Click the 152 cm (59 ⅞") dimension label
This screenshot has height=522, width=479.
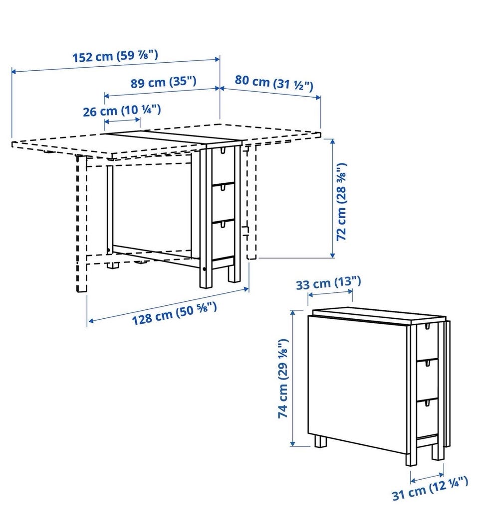(x=115, y=56)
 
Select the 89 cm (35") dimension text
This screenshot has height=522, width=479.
(x=163, y=82)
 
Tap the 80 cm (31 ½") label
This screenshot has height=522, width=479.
(x=274, y=83)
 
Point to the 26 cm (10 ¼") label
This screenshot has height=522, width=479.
(x=122, y=110)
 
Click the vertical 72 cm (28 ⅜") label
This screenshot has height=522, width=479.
(x=342, y=202)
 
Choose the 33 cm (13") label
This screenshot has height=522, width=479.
(x=328, y=283)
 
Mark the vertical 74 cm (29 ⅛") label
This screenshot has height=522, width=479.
(x=283, y=379)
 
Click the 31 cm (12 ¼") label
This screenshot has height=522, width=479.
(x=430, y=488)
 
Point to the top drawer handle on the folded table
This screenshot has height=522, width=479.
(x=426, y=327)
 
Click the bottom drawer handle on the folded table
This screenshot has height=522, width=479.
(x=426, y=403)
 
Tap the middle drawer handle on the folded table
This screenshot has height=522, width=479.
(x=426, y=365)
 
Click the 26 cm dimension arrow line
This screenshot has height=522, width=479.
(x=122, y=121)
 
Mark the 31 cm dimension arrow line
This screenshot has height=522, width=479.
(x=427, y=477)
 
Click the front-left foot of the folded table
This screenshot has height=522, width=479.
(x=321, y=441)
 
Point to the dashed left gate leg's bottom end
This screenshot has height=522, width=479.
(x=82, y=291)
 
